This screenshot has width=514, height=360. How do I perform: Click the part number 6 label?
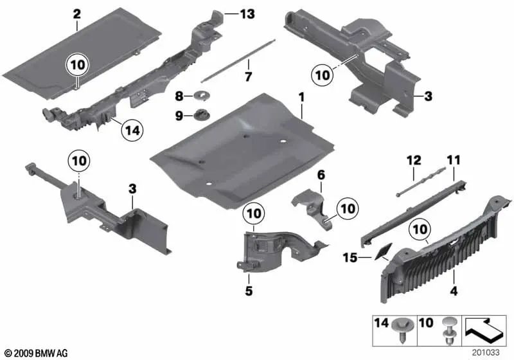click(321, 174)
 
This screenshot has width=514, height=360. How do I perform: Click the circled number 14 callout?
click(132, 130)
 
